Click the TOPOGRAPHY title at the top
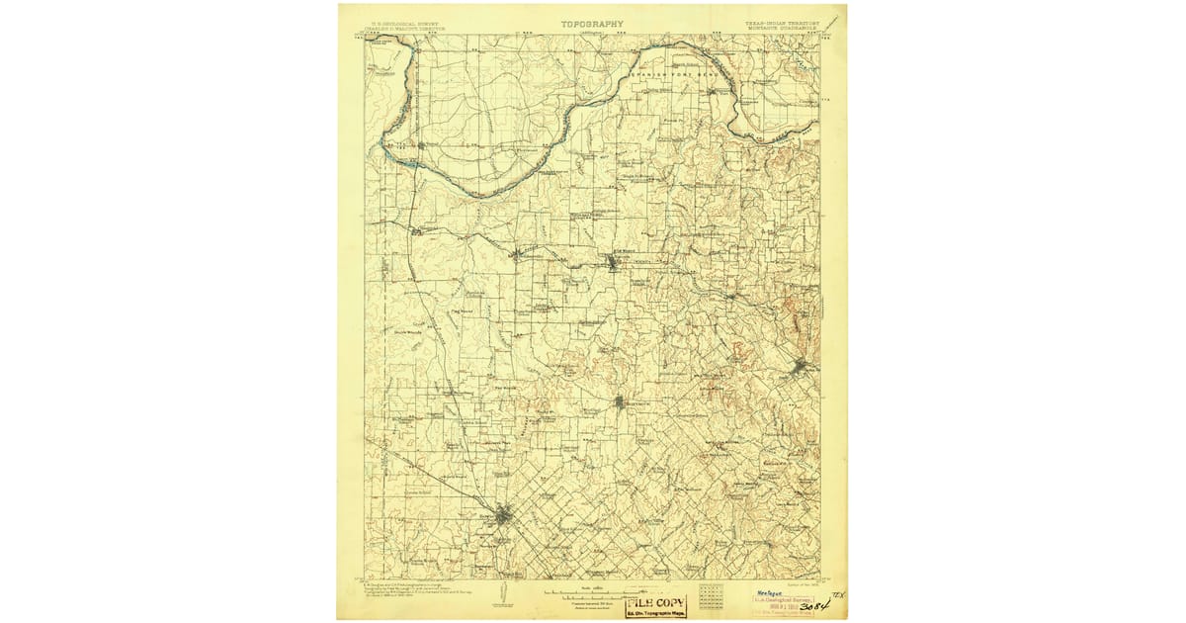[x=592, y=23]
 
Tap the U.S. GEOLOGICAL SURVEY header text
[x=400, y=20]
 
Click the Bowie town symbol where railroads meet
[x=504, y=513]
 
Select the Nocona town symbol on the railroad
[x=614, y=262]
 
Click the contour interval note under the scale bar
[x=592, y=605]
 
